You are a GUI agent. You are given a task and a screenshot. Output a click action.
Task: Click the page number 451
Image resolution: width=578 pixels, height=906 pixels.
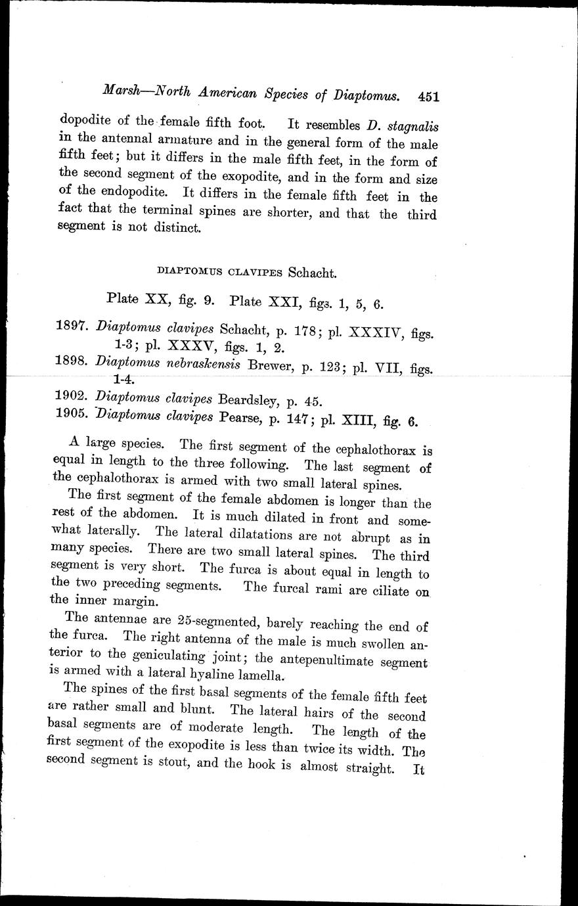click(428, 97)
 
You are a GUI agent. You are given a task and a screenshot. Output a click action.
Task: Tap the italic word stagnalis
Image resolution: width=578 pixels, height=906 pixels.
click(412, 125)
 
